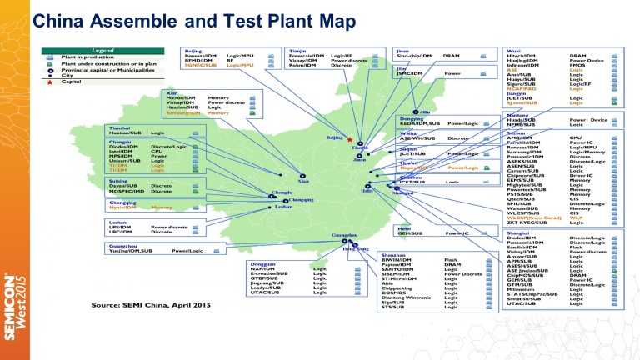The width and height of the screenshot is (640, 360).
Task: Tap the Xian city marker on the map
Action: click(x=301, y=176)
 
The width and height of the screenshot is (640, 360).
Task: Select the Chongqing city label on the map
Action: click(x=302, y=201)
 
